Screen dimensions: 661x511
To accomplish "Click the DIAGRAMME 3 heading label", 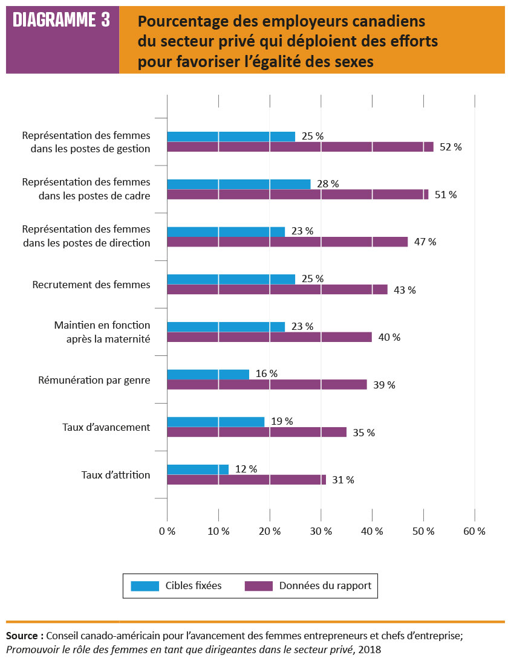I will [62, 21].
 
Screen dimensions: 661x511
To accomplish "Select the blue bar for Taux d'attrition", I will [198, 469].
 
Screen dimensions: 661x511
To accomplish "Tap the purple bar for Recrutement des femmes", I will [277, 289].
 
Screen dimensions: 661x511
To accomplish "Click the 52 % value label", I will [451, 147].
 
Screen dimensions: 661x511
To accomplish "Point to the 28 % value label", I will [328, 184].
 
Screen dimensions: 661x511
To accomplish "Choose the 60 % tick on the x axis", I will [474, 531].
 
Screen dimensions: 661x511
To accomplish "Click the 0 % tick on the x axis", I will [167, 531].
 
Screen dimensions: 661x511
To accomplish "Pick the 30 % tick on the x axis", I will [321, 531].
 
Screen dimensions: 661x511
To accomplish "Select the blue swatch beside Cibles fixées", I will [145, 585].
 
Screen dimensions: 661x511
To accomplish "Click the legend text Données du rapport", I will [325, 585].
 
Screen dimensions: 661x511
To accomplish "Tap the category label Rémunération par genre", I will [94, 380].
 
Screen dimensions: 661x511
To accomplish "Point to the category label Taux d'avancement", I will [106, 427].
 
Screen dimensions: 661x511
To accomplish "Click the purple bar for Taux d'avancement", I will [256, 432].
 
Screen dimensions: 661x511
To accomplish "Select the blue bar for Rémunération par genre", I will [208, 375].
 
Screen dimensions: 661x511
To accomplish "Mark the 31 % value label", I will [343, 480].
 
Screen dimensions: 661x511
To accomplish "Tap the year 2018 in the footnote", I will [371, 650].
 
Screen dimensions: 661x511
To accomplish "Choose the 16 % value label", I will [266, 374].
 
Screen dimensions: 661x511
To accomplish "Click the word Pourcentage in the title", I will [176, 22].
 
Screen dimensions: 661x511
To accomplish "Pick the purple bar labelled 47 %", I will [287, 242].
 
